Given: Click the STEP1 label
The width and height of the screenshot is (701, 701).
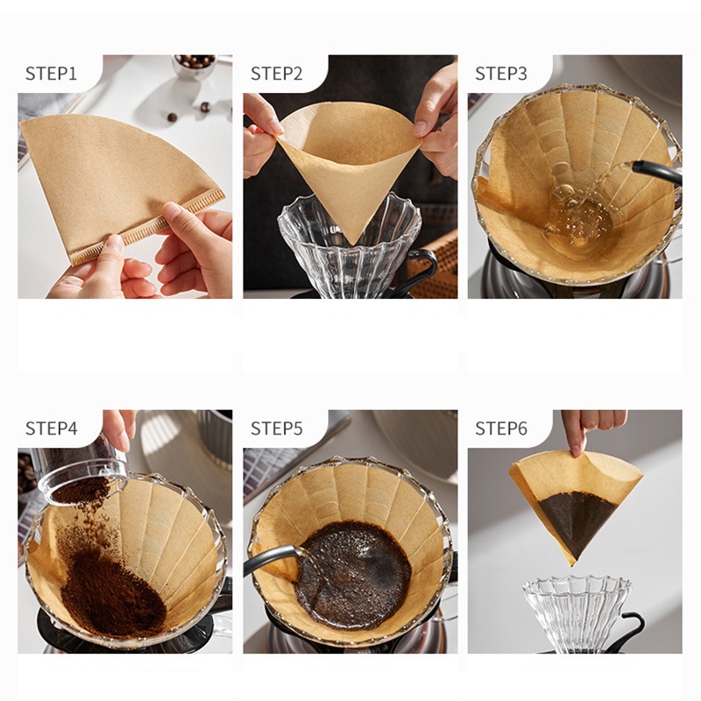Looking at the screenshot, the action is tap(51, 74).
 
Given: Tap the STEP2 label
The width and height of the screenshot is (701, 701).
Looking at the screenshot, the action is tap(276, 74).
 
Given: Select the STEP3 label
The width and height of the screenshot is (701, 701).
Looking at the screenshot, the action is tap(501, 74).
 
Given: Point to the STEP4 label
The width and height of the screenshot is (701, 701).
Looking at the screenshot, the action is tap(52, 428).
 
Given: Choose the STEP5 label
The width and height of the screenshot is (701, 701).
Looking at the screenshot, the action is tap(276, 428).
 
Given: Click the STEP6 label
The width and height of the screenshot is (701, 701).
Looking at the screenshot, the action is tap(501, 428).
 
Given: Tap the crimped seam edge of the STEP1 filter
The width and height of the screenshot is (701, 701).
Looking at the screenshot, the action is tap(147, 227).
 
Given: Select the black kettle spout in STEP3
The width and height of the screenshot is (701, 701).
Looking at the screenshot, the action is tap(656, 172).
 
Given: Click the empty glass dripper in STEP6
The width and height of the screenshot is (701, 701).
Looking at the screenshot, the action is tap(577, 612).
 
